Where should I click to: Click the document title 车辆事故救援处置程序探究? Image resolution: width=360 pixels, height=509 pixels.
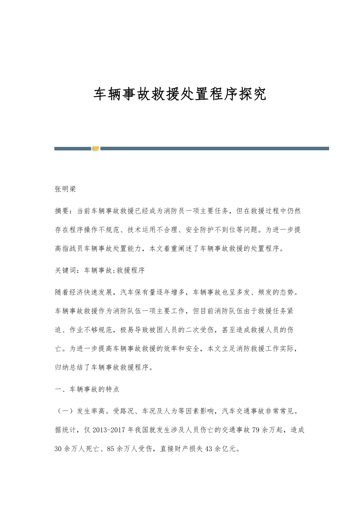tap(180, 94)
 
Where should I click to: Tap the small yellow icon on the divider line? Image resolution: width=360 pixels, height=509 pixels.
tap(95, 149)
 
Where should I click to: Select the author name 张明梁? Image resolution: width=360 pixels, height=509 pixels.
tap(65, 190)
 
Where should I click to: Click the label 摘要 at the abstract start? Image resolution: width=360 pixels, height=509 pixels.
tap(62, 211)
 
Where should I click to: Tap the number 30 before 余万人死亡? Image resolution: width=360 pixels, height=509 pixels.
tap(59, 449)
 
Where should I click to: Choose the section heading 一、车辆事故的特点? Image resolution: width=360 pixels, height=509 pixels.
tap(87, 389)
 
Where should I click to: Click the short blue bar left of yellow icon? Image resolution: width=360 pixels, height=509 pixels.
tap(72, 149)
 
